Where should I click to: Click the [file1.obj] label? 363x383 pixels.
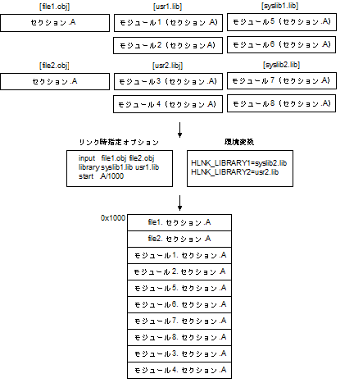click(x=55, y=7)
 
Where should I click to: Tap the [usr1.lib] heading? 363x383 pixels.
click(x=167, y=7)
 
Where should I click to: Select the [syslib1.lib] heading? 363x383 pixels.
click(x=280, y=6)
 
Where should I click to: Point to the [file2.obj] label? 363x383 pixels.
click(x=54, y=66)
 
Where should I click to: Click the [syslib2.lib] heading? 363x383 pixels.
click(x=281, y=65)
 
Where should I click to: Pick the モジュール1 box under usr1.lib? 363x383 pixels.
click(x=168, y=23)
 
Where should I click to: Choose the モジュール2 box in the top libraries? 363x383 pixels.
click(x=168, y=45)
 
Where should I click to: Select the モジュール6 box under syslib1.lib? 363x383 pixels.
click(x=281, y=44)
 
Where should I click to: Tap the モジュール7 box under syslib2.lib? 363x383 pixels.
click(x=282, y=80)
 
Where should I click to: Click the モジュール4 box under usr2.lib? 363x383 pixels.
click(x=168, y=104)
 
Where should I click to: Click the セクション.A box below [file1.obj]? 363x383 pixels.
click(x=55, y=23)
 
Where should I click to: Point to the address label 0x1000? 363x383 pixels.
click(x=113, y=218)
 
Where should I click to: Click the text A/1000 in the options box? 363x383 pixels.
click(x=112, y=176)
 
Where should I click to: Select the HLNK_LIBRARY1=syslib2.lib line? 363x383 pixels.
click(x=239, y=163)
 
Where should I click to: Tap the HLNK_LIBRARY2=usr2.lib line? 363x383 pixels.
click(x=235, y=172)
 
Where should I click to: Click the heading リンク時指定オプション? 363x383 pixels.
click(x=119, y=142)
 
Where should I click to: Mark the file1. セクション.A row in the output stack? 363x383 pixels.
click(x=179, y=222)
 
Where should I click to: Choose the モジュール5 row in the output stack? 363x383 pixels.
click(x=179, y=288)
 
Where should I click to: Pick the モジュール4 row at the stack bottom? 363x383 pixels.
click(x=179, y=370)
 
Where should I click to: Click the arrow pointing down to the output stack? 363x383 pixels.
click(x=179, y=203)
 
